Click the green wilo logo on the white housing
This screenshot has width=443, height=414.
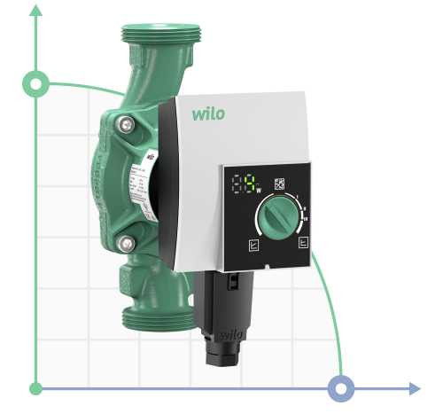pos(208,113)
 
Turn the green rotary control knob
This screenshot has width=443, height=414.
pos(276,215)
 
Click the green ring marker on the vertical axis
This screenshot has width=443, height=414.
pos(36,84)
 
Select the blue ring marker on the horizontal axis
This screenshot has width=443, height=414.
pos(341,388)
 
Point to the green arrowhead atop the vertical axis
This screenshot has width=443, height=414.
pos(36,11)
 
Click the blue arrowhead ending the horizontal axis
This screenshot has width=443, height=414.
pos(415,388)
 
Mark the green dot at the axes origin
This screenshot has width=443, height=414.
pos(36,388)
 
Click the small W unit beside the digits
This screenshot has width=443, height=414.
pos(259,191)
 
